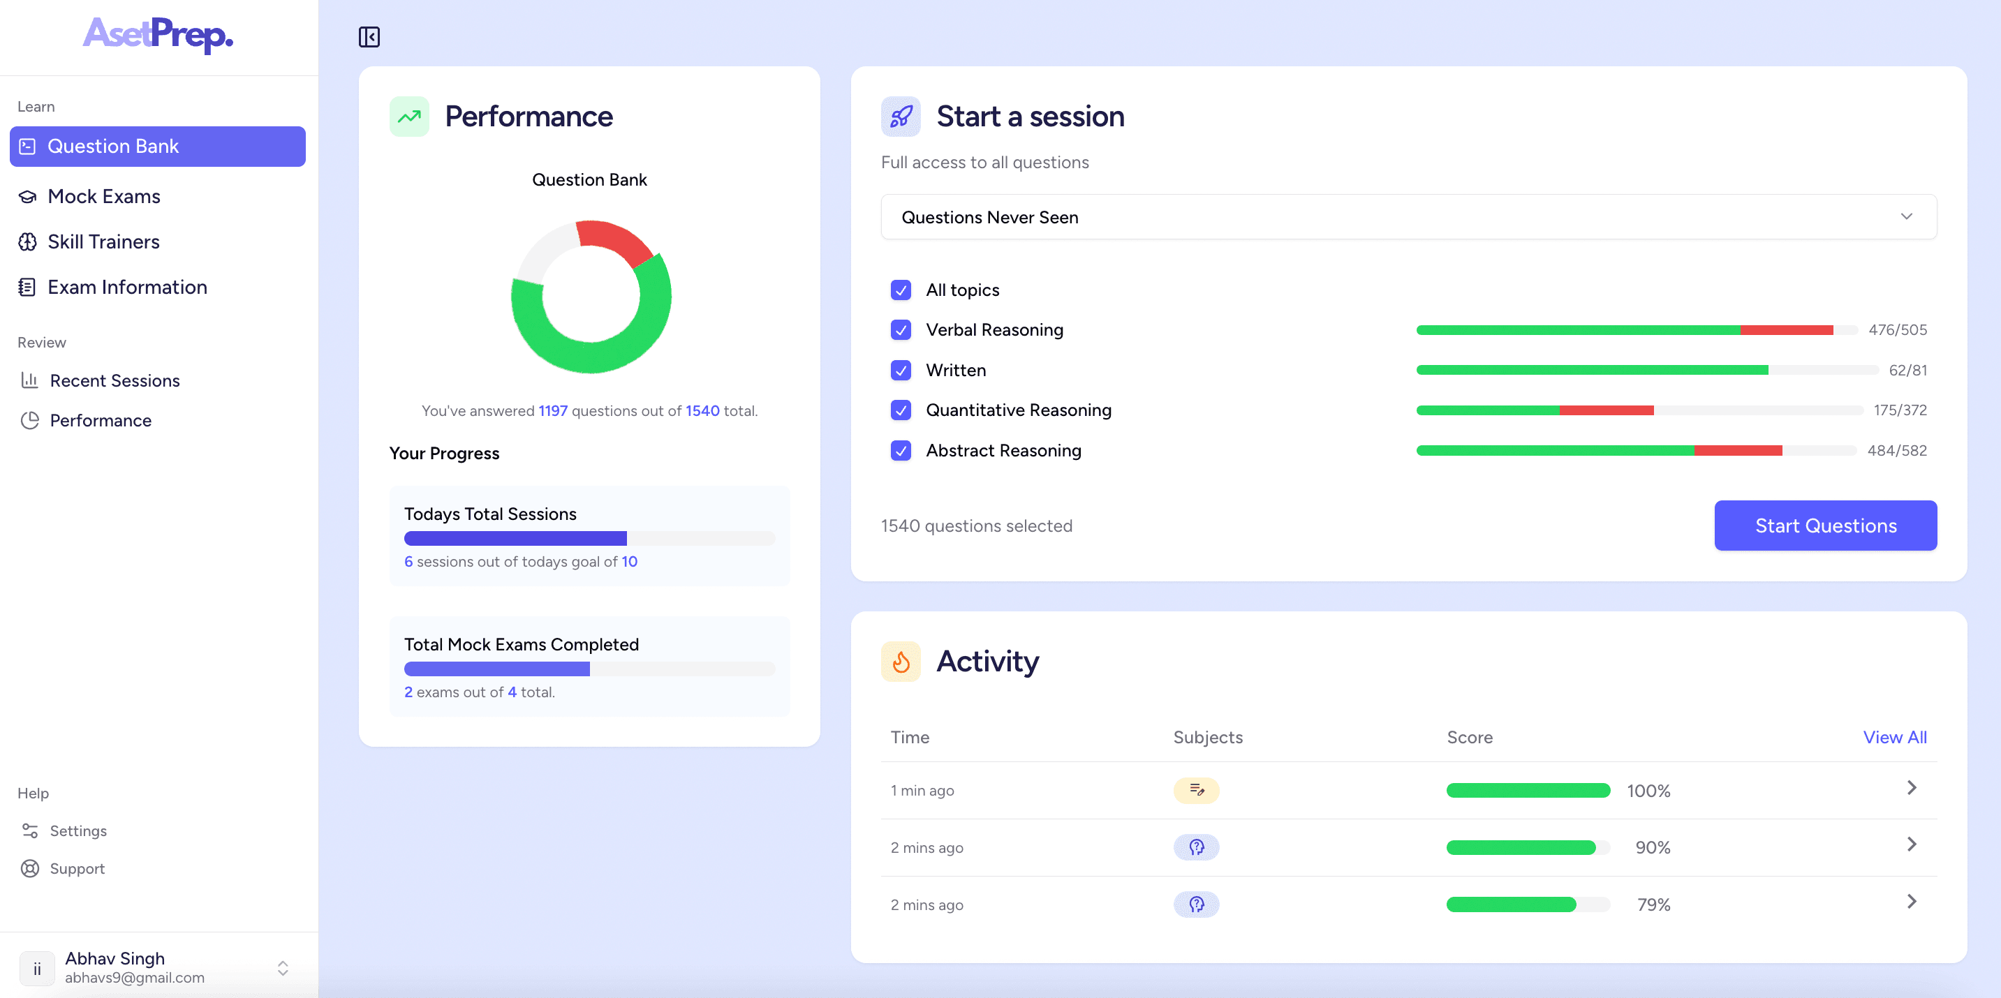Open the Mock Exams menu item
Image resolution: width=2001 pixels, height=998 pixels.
coord(103,197)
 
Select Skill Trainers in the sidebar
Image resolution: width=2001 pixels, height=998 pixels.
coord(103,241)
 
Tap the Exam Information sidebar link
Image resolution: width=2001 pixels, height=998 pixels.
coord(126,288)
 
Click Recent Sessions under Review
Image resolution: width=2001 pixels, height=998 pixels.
coord(115,380)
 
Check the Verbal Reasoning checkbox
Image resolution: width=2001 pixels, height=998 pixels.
coord(900,330)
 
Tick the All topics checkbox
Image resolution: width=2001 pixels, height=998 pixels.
coord(900,290)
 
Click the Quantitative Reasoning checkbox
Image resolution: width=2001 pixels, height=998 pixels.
coord(900,410)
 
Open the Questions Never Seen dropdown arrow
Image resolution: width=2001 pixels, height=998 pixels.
coord(1906,216)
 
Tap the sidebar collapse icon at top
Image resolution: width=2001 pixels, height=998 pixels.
coord(369,36)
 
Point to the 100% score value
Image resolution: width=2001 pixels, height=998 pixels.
coord(1648,791)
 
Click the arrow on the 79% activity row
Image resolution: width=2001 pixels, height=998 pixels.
coord(1912,902)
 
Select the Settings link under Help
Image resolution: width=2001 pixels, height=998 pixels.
coord(77,831)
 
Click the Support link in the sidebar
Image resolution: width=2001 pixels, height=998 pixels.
coord(77,868)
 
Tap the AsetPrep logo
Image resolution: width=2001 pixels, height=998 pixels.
coord(158,35)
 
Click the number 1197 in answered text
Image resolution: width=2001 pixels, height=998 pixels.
coord(553,411)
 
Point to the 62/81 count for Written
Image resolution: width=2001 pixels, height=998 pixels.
coord(1907,371)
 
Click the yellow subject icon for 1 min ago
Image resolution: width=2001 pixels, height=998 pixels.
coord(1195,791)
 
